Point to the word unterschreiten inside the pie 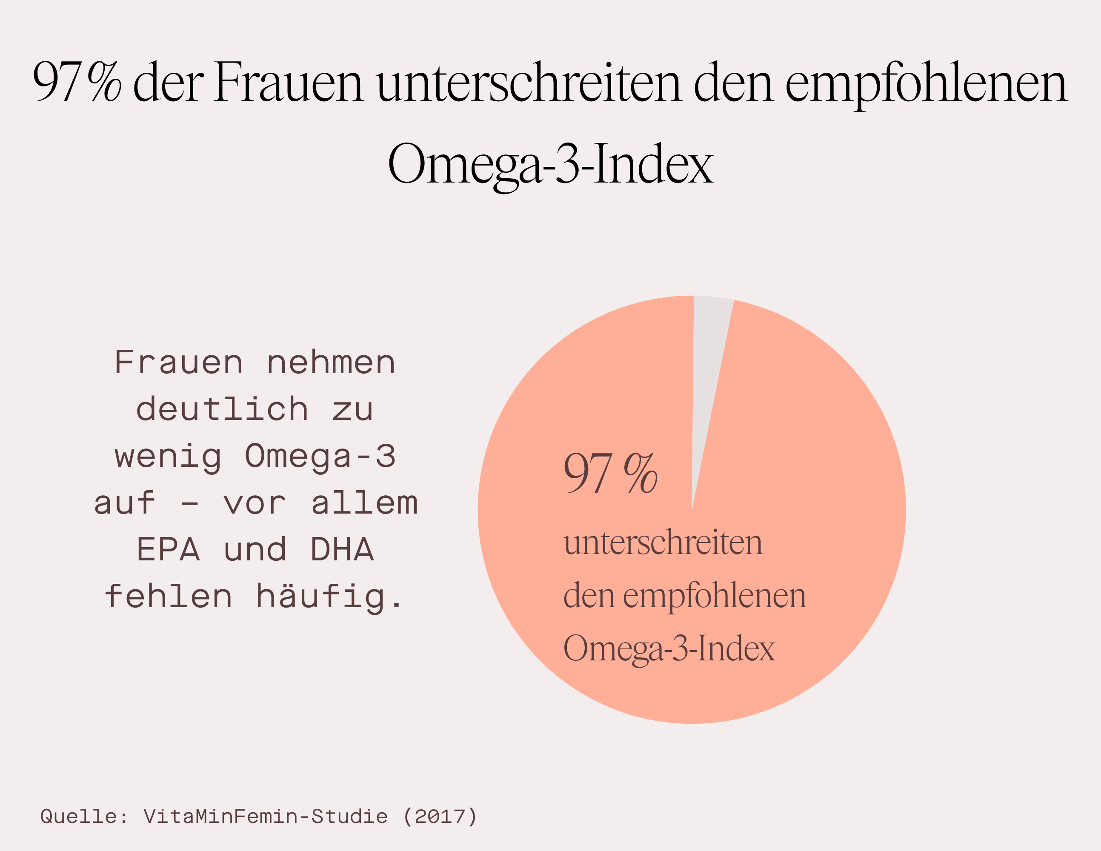(663, 543)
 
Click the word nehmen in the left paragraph (331, 363)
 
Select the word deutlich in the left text (222, 409)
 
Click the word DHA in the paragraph (342, 549)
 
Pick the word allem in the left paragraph (364, 503)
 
